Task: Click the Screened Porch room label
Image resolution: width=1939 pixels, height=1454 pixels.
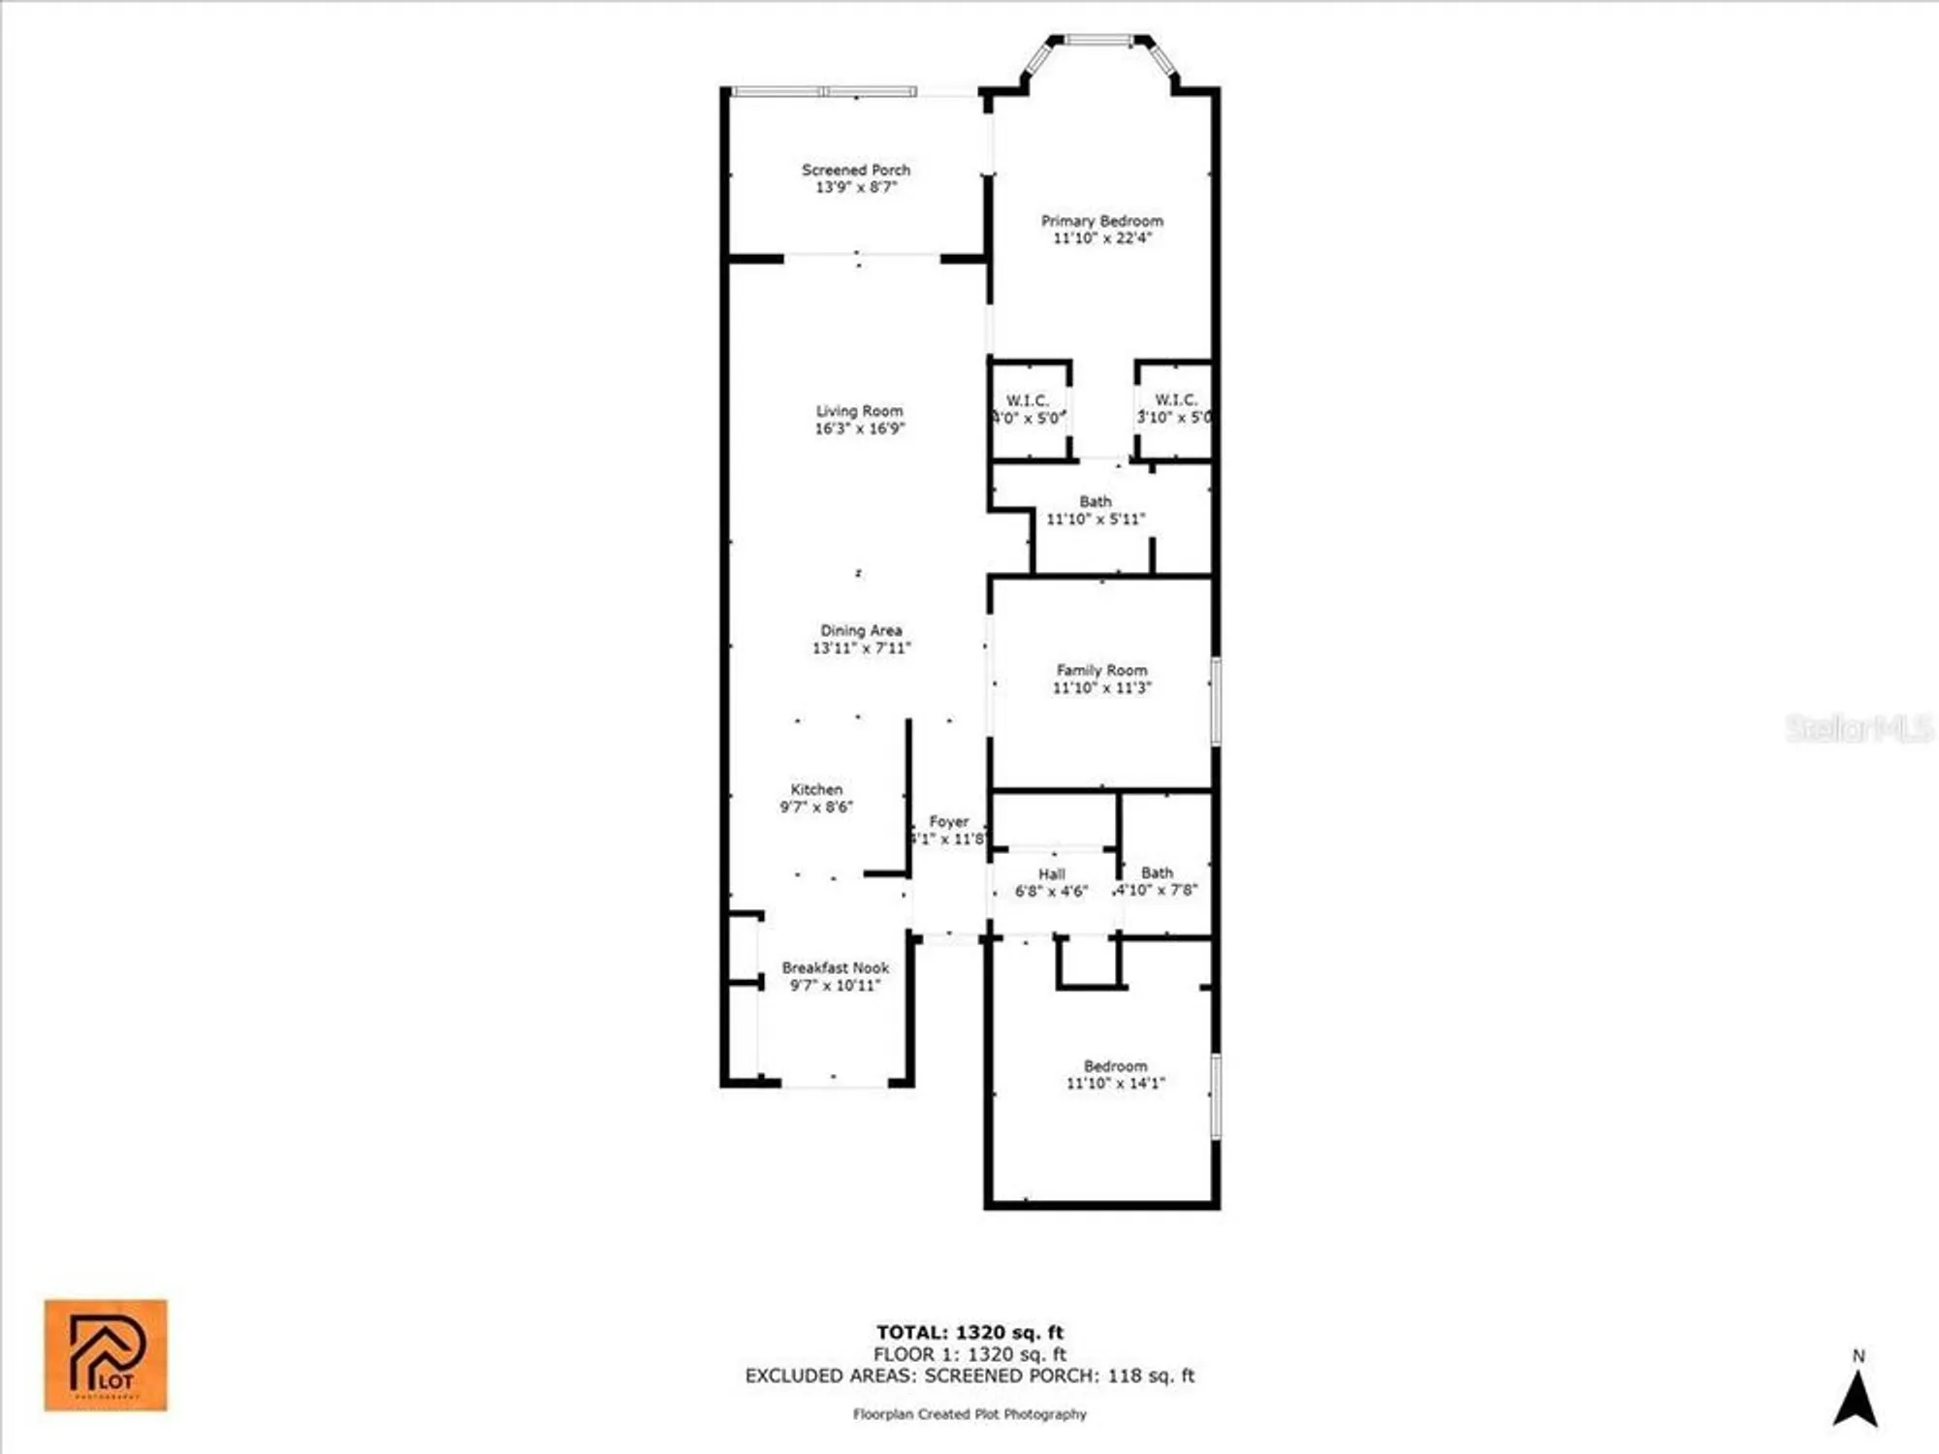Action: pos(856,170)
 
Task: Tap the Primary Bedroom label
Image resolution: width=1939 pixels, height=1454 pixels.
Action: pos(1102,221)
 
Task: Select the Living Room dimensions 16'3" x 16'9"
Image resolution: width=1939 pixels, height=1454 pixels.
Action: pos(860,428)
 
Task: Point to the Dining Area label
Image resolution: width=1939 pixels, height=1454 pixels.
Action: pos(861,631)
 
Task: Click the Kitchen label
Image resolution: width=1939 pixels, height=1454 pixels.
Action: pos(816,790)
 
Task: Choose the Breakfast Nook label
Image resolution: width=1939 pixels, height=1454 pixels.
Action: pos(835,967)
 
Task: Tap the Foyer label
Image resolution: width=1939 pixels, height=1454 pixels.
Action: pos(948,822)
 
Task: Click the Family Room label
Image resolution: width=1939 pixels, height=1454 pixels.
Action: pos(1101,670)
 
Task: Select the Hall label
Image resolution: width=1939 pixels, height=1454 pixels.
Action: pos(1052,874)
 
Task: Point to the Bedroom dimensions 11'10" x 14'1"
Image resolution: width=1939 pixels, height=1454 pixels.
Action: pos(1116,1084)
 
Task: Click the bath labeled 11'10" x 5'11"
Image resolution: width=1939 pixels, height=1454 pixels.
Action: pos(1096,502)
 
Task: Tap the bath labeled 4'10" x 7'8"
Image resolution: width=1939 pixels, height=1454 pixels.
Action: pos(1157,873)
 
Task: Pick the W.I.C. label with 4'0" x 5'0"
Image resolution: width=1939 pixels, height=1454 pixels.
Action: pos(1028,400)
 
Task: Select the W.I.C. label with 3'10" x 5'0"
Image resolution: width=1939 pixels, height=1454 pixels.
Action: pos(1175,399)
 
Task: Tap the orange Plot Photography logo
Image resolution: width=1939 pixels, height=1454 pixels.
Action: pos(106,1355)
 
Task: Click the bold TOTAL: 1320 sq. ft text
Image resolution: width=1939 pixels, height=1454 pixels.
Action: pos(969,1332)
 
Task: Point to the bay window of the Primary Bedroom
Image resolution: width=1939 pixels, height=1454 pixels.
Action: pos(1099,43)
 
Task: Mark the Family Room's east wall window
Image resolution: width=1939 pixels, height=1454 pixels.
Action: pos(1216,702)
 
